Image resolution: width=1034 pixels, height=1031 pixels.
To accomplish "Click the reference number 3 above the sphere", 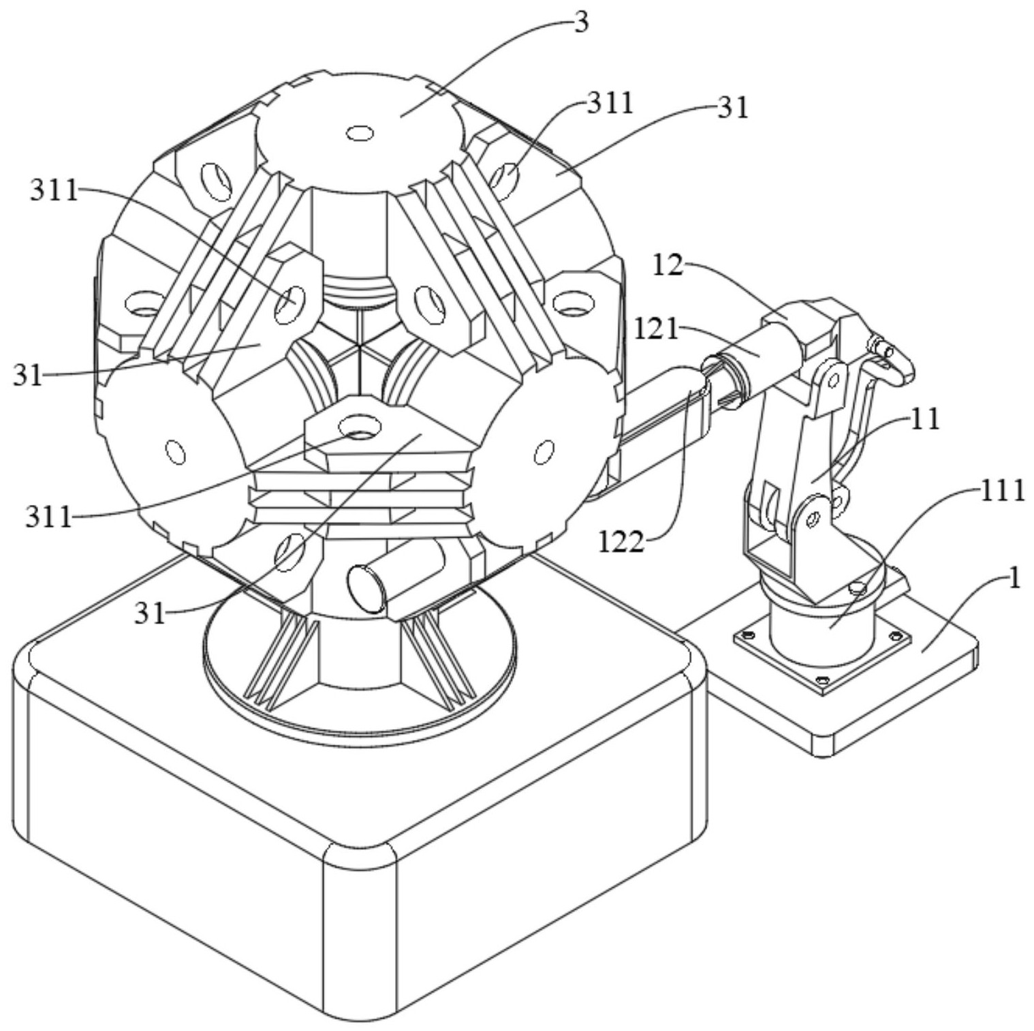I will coord(580,22).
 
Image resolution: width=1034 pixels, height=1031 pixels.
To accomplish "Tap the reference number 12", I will coord(668,266).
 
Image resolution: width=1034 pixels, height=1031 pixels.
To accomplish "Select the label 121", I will coord(657,330).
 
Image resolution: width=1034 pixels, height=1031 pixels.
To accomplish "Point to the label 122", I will coord(621,542).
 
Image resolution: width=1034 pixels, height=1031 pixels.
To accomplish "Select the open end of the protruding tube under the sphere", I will coord(366,587).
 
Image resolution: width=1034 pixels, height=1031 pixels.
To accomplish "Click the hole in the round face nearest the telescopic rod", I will coord(544,451).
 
